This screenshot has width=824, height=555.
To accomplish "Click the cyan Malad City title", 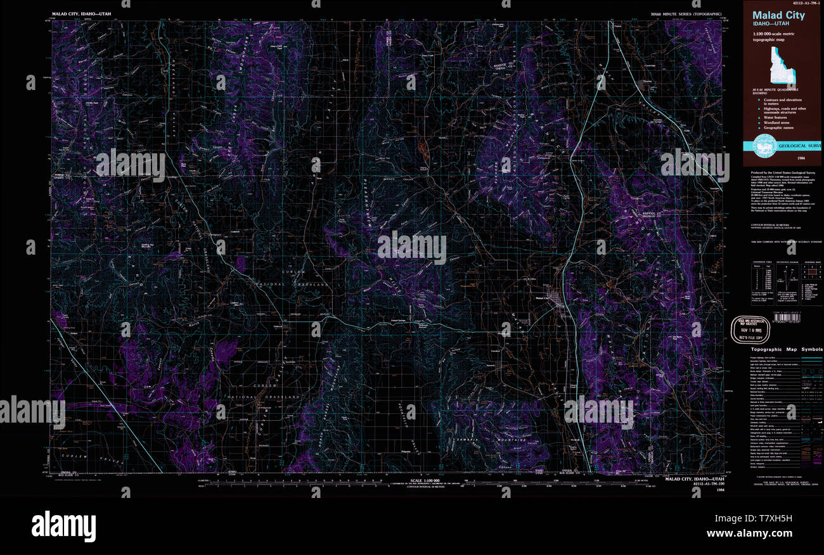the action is point(778,15).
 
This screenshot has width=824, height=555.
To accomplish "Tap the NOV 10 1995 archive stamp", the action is point(750,330).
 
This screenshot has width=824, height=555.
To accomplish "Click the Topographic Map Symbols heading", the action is point(787,350).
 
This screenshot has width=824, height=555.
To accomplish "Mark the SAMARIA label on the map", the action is point(465,438).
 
